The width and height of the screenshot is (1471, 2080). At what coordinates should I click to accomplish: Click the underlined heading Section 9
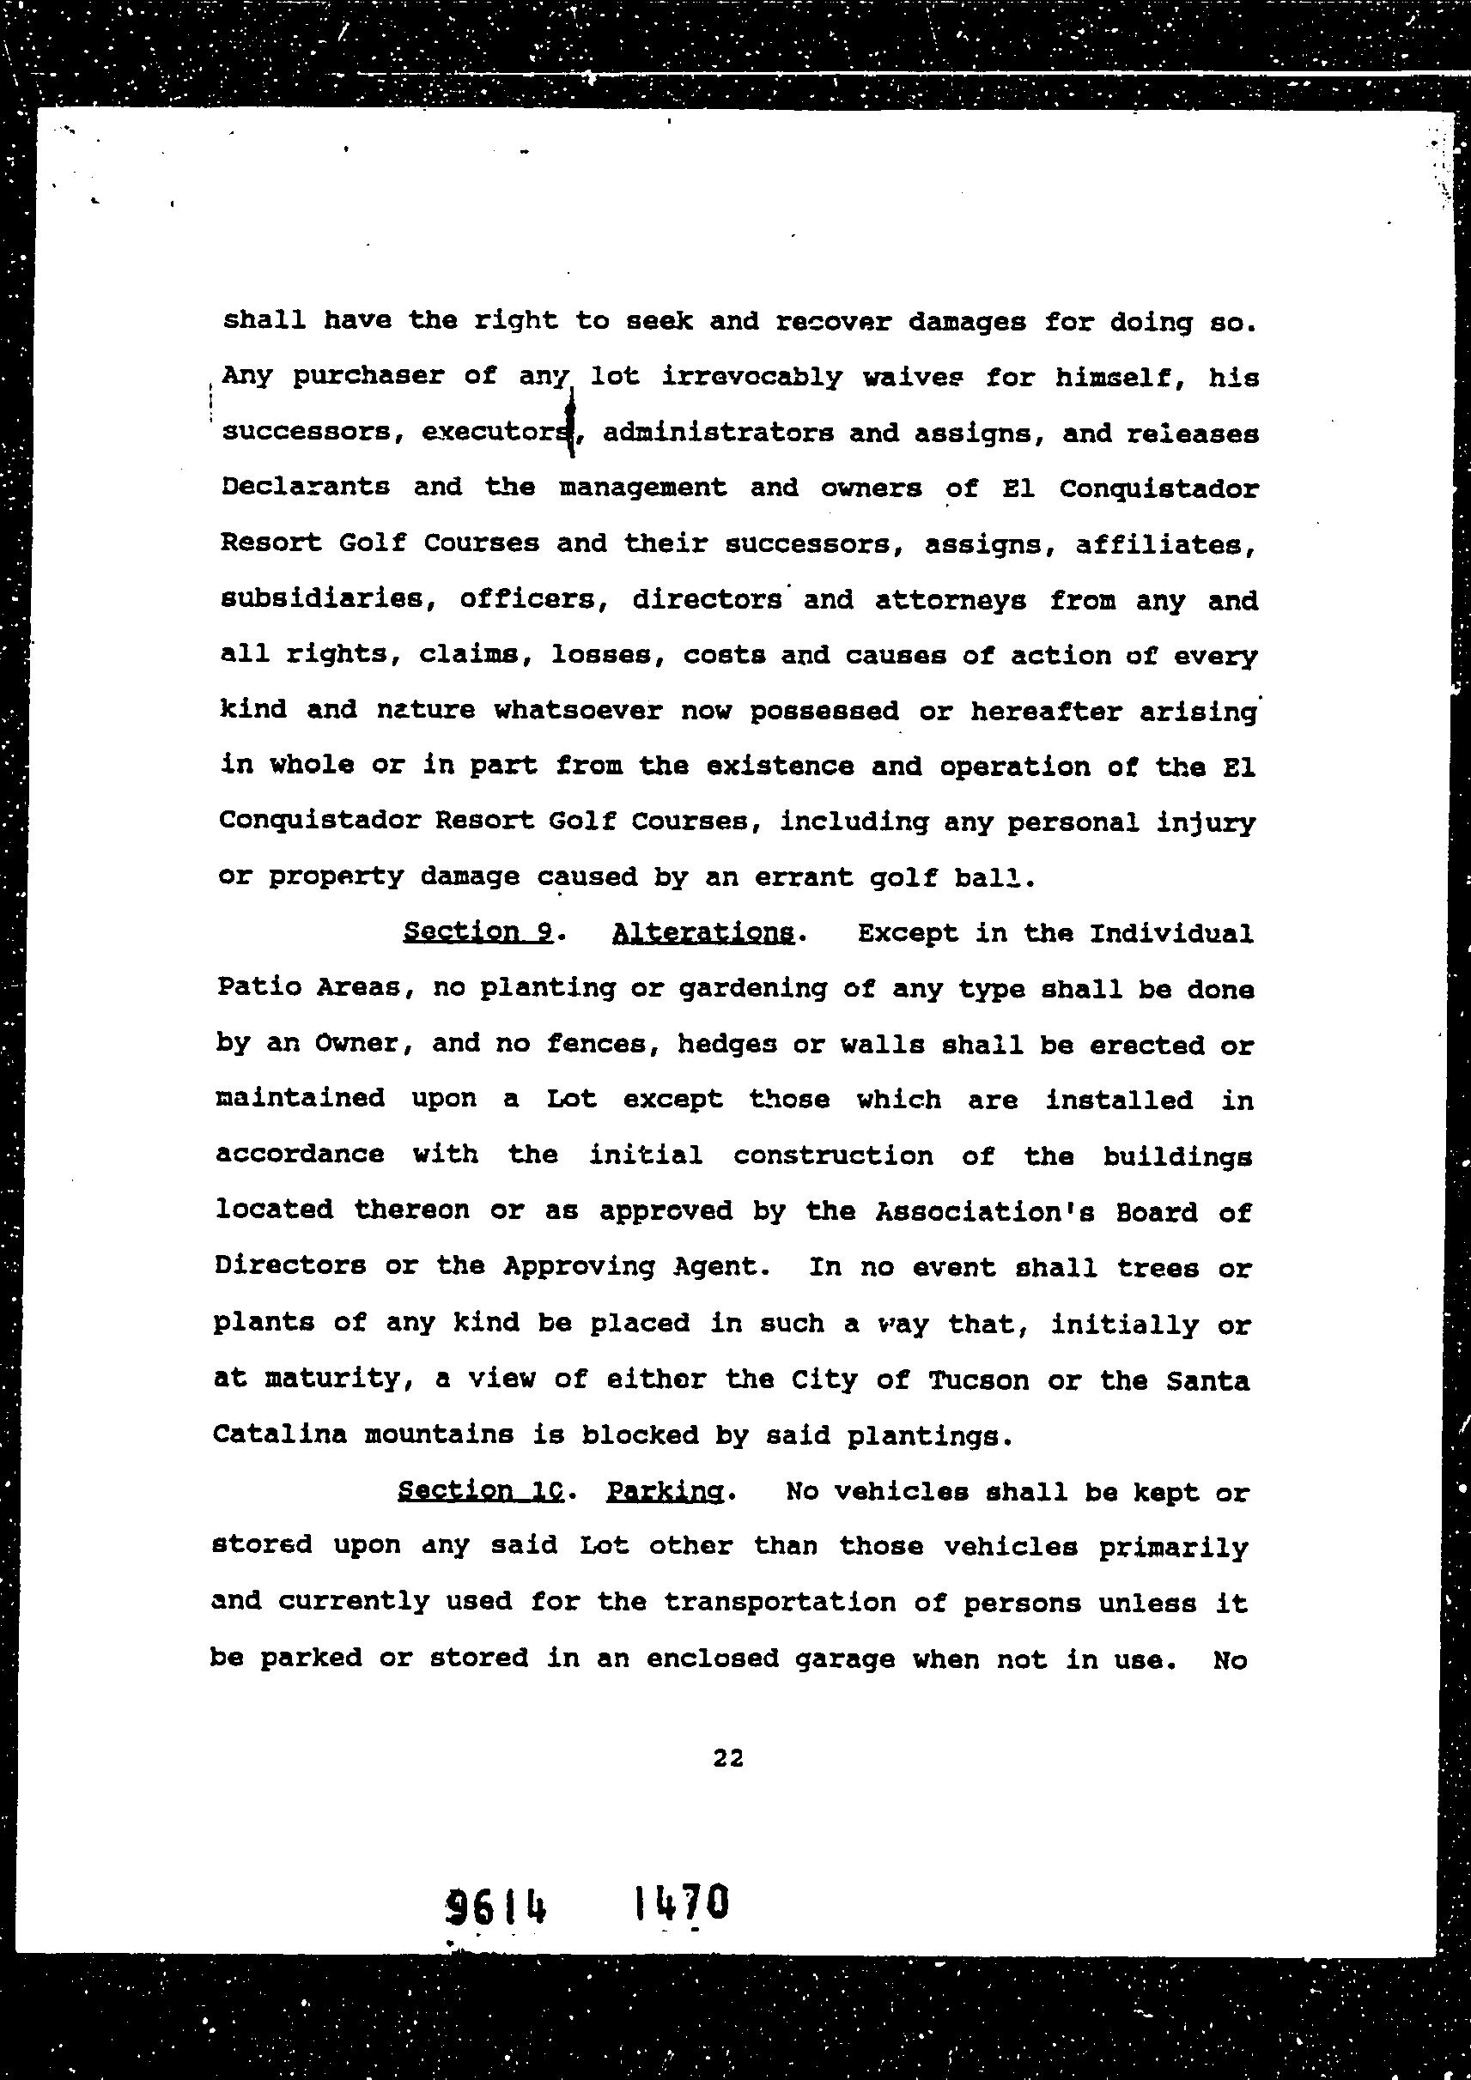pyautogui.click(x=477, y=932)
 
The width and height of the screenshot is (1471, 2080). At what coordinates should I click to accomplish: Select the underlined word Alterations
pyautogui.click(x=703, y=933)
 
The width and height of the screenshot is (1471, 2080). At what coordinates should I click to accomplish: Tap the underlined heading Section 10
pyautogui.click(x=480, y=1491)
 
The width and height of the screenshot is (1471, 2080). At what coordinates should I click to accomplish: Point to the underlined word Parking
pyautogui.click(x=666, y=1492)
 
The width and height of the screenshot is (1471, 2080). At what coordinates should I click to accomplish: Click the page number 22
pyautogui.click(x=728, y=1758)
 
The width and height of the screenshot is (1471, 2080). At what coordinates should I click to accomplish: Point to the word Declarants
pyautogui.click(x=306, y=487)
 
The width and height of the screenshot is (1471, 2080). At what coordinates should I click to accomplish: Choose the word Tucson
pyautogui.click(x=978, y=1380)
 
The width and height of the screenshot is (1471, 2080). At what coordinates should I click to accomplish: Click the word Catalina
pyautogui.click(x=280, y=1435)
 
